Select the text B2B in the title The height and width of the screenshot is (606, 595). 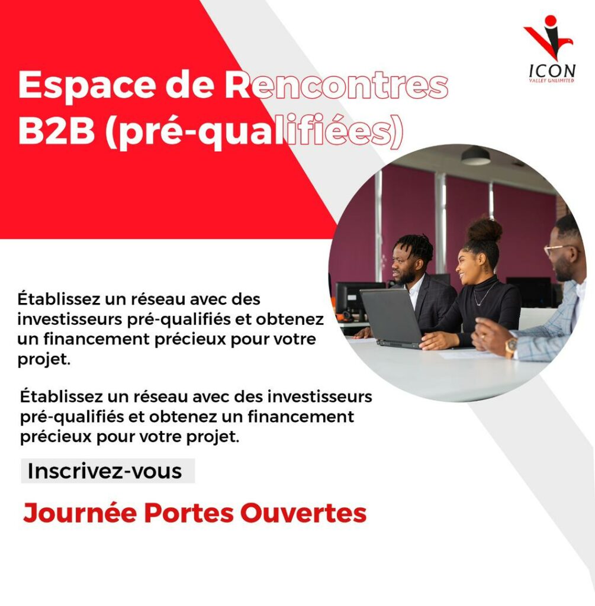coord(56,130)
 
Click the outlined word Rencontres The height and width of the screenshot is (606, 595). coord(336,85)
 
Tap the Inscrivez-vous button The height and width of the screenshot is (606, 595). coord(108,470)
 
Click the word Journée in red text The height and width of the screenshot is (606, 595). coord(80,513)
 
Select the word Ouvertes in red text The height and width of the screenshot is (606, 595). coord(303,513)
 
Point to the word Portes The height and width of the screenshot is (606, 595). coord(189,513)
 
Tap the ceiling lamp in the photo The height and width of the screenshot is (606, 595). coord(475,156)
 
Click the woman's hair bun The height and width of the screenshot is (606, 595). coord(484,230)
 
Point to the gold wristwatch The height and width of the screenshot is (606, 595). coord(510,346)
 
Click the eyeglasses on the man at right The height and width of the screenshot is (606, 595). coord(557,250)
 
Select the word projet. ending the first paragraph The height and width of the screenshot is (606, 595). coord(44,360)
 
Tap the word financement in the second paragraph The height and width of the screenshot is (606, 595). coord(301,417)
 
